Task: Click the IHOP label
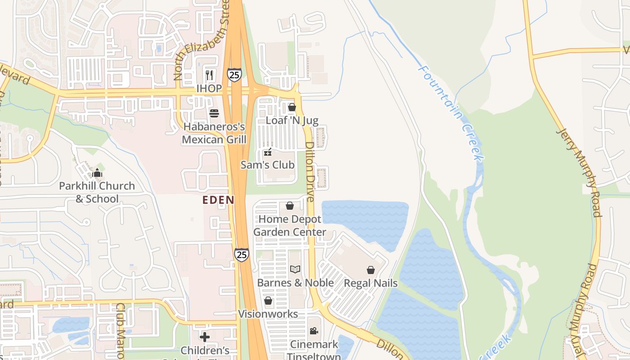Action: pos(209,88)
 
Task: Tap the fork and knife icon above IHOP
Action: pos(209,74)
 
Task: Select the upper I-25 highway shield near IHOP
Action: pos(234,74)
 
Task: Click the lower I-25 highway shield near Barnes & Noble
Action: pos(242,255)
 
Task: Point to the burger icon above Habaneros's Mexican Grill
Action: pos(214,112)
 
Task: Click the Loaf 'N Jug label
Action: pos(292,120)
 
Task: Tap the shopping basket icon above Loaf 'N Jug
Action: pos(292,107)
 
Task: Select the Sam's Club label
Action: pos(268,165)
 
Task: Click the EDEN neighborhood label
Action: pos(218,200)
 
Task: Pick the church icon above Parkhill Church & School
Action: pos(97,173)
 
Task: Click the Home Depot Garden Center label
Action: pos(290,225)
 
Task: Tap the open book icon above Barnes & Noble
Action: pos(295,269)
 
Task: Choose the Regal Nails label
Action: pos(371,283)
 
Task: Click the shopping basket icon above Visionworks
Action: pos(268,301)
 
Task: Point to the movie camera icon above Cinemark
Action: pos(314,331)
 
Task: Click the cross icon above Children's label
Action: pos(205,337)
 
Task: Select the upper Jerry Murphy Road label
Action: pos(579,172)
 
